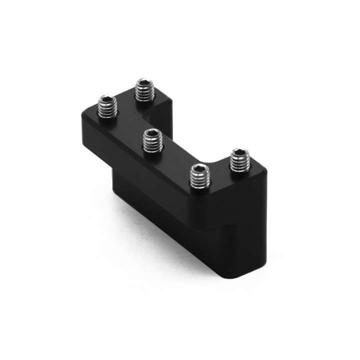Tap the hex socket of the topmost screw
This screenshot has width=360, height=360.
tap(145, 83)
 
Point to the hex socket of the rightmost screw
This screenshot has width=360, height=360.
tap(241, 152)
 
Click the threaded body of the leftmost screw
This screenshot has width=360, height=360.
tap(107, 109)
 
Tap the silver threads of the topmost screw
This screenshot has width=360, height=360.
tap(145, 93)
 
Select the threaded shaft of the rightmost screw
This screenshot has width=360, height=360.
tap(240, 162)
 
